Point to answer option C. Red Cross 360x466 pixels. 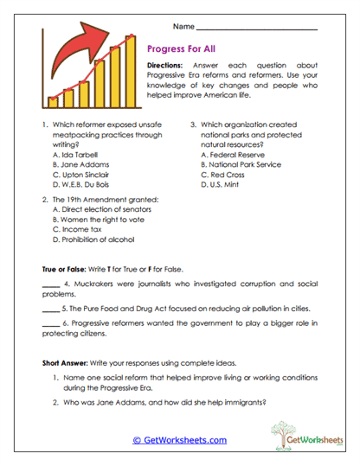227,174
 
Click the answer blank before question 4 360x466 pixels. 49,284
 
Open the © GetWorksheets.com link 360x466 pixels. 179,440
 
